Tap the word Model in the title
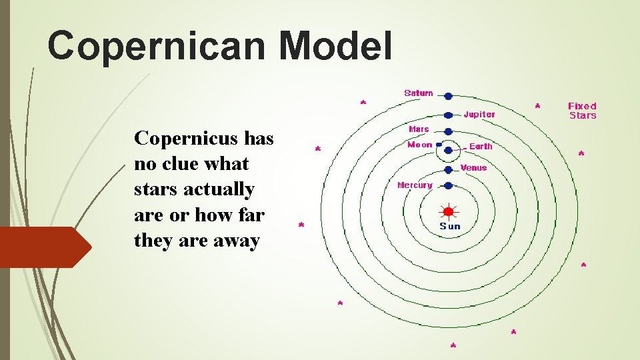coord(335,45)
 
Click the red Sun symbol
coord(448,212)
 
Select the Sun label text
coord(450,226)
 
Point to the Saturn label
coord(419,93)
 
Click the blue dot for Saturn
coord(449,97)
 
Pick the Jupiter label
coord(479,114)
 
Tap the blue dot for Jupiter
coord(449,115)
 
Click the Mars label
coord(419,129)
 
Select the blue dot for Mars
coord(449,131)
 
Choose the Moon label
coord(419,144)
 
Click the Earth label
coord(481,146)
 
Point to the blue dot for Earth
coord(449,150)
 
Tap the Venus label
coord(473,167)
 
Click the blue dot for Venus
coord(449,169)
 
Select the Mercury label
coord(415,185)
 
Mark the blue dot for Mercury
coord(449,185)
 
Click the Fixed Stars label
coord(582,111)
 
